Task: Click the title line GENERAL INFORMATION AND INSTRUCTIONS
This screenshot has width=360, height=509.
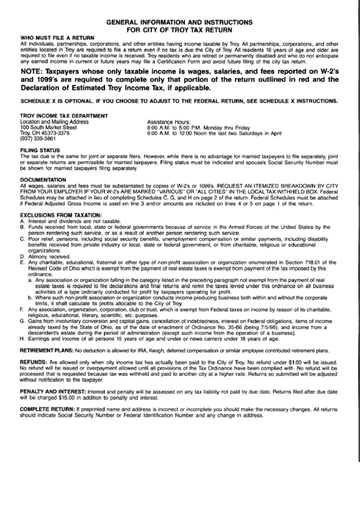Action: pyautogui.click(x=179, y=21)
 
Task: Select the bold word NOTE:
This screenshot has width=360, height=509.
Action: pyautogui.click(x=34, y=71)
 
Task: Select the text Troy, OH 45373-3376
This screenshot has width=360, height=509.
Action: pyautogui.click(x=46, y=133)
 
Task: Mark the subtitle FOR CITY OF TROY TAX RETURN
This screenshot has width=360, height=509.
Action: pyautogui.click(x=179, y=29)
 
